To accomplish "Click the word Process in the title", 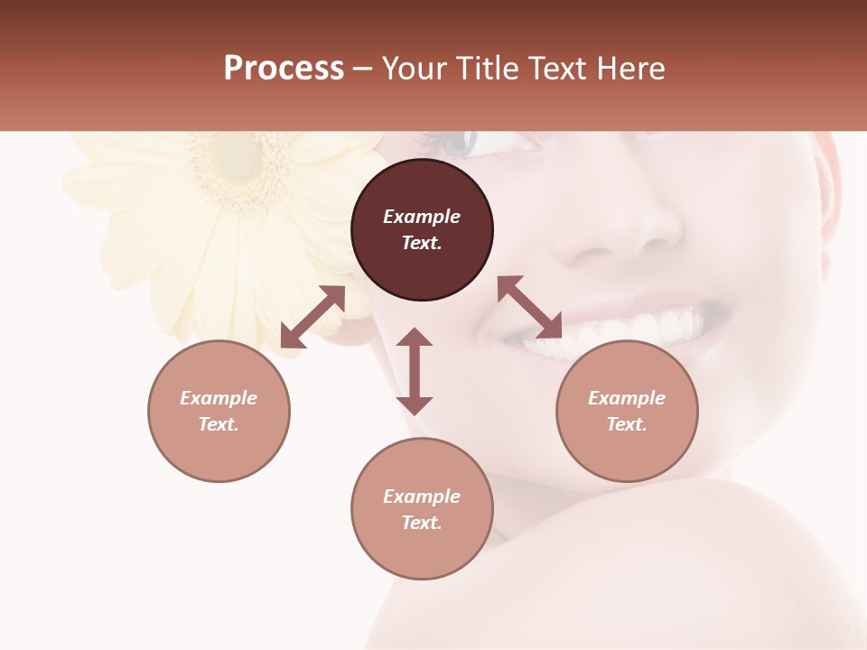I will [284, 69].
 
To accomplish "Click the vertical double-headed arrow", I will [415, 371].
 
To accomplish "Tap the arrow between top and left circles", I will [312, 317].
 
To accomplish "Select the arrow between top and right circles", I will [529, 307].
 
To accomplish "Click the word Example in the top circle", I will [422, 217].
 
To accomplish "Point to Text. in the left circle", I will [219, 424].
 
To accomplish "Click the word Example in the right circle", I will [627, 398].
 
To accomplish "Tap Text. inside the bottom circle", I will [422, 523].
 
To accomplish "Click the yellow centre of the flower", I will [237, 160].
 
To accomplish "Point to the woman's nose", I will [623, 230].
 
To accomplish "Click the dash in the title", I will [363, 70].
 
